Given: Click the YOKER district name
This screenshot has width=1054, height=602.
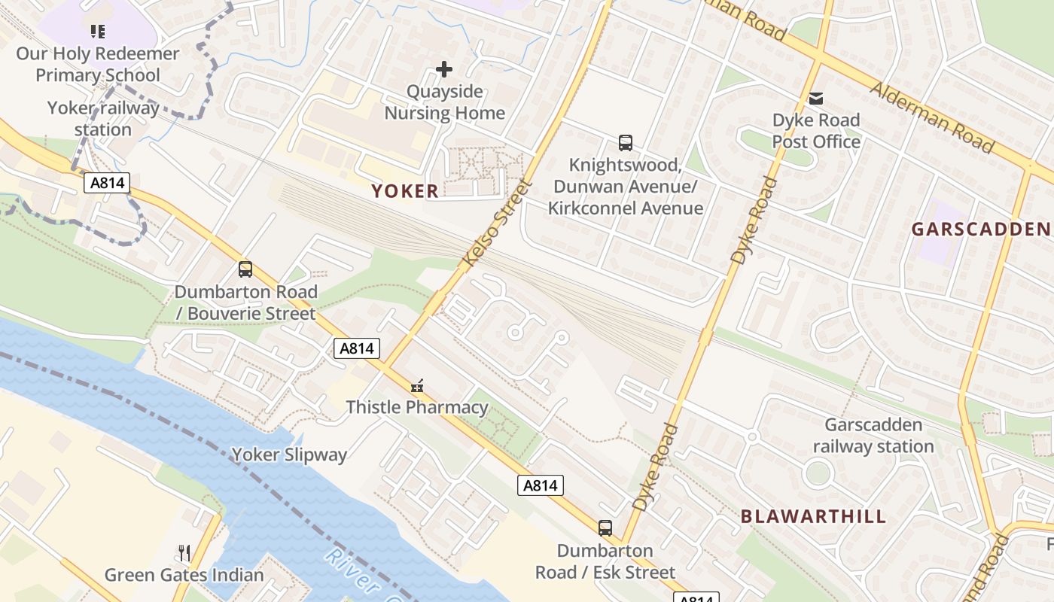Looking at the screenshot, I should (404, 191).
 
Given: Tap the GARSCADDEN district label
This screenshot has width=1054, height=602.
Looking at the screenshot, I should (980, 229).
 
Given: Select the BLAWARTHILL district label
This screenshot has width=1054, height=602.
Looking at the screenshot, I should (814, 516).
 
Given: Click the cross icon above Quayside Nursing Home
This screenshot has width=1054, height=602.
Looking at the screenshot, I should (444, 70).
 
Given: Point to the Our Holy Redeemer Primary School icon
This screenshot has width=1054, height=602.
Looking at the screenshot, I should (97, 32).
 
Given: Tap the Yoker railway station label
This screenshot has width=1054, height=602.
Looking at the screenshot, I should (103, 119).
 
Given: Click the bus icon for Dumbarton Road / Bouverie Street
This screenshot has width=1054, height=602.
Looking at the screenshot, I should (245, 269).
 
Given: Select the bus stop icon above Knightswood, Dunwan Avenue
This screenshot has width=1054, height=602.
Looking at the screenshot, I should (625, 142).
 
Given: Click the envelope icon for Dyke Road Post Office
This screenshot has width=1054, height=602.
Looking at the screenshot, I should (816, 99).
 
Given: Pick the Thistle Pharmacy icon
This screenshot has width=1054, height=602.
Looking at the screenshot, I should (416, 387).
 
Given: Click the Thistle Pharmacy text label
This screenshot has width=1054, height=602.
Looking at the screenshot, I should (417, 408).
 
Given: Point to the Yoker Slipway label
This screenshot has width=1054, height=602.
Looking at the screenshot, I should (289, 455).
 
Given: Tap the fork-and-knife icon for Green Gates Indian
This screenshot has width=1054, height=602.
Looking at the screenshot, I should (184, 554).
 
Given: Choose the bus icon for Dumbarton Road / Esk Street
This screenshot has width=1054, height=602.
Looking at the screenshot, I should (605, 528).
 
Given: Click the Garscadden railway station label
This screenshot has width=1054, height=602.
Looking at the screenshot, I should (873, 436).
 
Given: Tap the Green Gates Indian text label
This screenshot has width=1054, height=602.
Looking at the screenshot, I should (184, 576).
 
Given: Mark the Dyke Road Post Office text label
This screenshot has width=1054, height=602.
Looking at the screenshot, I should (816, 131).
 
